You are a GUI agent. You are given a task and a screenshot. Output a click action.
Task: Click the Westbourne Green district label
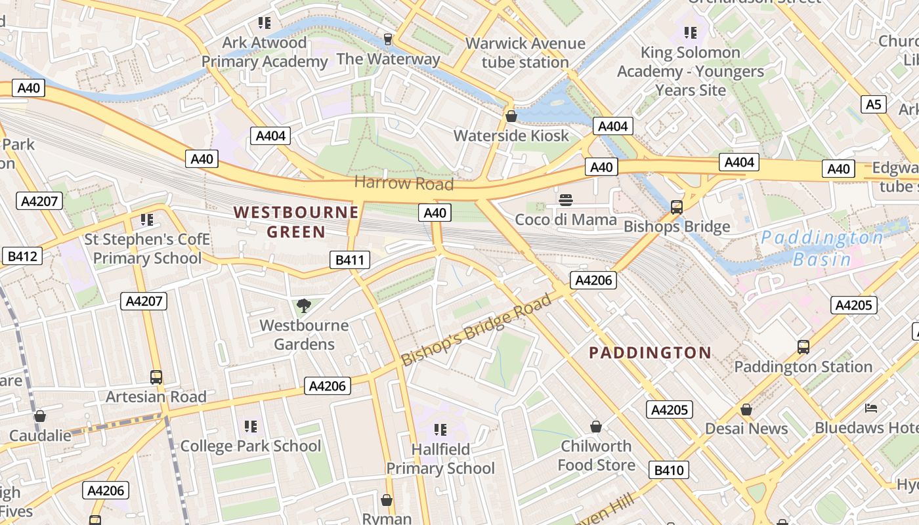pos(296,222)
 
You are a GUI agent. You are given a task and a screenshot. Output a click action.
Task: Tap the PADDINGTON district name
pos(650,353)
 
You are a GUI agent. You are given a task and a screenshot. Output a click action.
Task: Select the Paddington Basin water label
pos(822,248)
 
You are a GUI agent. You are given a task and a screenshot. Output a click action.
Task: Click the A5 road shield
pos(873,104)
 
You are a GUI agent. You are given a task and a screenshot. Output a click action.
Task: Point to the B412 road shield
pos(22,256)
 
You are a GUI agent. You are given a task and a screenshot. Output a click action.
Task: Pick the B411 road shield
pos(349,260)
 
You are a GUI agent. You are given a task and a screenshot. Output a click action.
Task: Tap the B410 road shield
pos(669,470)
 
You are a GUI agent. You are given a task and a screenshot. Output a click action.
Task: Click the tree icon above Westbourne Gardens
pos(303,305)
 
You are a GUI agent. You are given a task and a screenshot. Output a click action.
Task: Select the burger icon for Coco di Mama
pos(565,199)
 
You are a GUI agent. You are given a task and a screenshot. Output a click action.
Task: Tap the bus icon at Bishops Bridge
pos(677,207)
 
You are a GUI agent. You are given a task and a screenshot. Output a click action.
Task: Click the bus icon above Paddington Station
pos(803,347)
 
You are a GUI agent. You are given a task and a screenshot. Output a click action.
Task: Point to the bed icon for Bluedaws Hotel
pos(871,408)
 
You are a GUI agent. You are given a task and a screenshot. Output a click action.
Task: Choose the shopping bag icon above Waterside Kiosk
pos(511,116)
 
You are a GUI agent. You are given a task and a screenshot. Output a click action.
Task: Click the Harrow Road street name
pos(404,183)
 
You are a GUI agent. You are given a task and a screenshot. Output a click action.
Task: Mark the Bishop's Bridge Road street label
pos(477,330)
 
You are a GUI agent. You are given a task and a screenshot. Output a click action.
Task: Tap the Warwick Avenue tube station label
pos(525,52)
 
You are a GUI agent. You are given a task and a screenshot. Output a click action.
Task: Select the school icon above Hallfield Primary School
pos(440,430)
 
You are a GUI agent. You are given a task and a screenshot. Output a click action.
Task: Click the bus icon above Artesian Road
pos(156,377)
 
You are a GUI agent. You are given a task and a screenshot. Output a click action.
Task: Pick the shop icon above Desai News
pos(746,409)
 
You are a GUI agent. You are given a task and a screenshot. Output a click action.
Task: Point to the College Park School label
pos(251,446)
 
